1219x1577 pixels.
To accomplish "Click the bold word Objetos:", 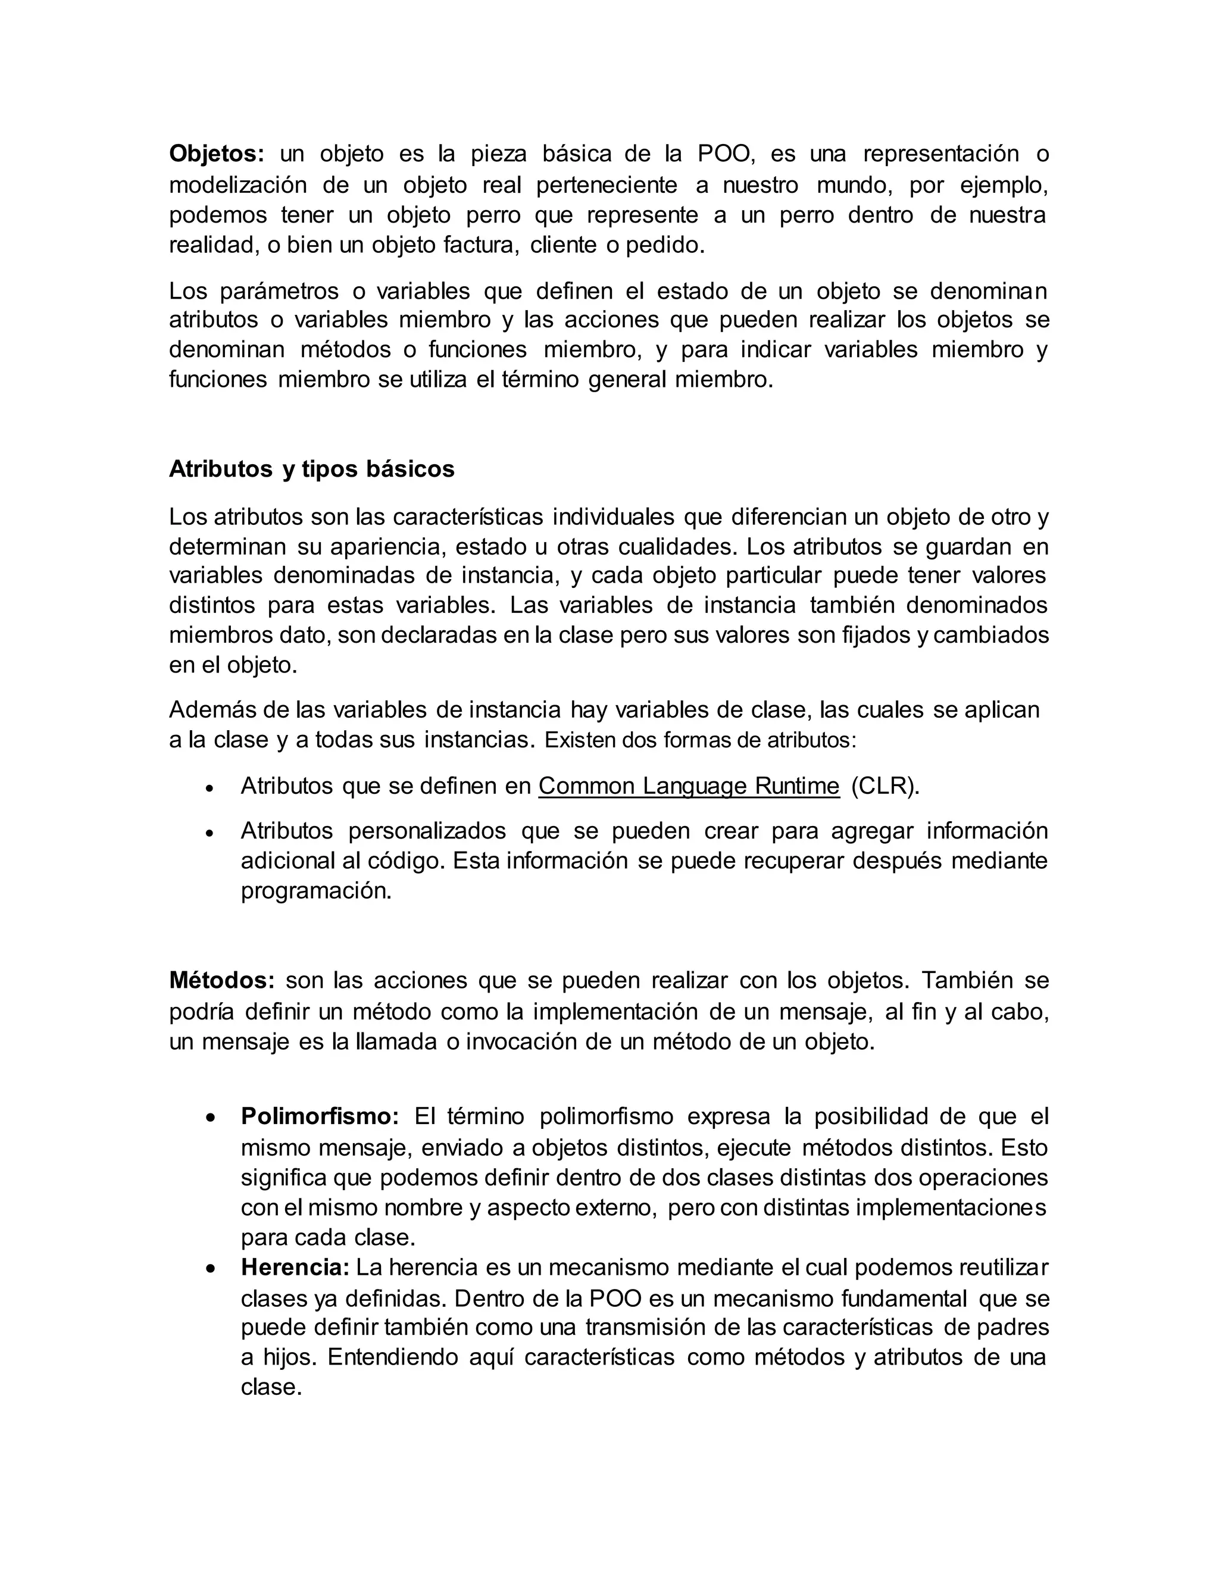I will click(217, 154).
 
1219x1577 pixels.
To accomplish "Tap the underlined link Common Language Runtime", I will click(689, 786).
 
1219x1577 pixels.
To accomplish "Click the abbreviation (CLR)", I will click(885, 786).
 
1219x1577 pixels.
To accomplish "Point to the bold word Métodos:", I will click(221, 981).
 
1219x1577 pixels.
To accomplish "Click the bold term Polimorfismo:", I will click(320, 1117).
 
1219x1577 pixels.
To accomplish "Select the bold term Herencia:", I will click(295, 1267).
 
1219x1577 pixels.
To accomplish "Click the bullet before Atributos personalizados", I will click(210, 833).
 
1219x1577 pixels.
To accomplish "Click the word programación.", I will click(315, 891).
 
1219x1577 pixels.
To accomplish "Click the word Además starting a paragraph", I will click(210, 710).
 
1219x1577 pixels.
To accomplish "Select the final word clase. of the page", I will click(271, 1387).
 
